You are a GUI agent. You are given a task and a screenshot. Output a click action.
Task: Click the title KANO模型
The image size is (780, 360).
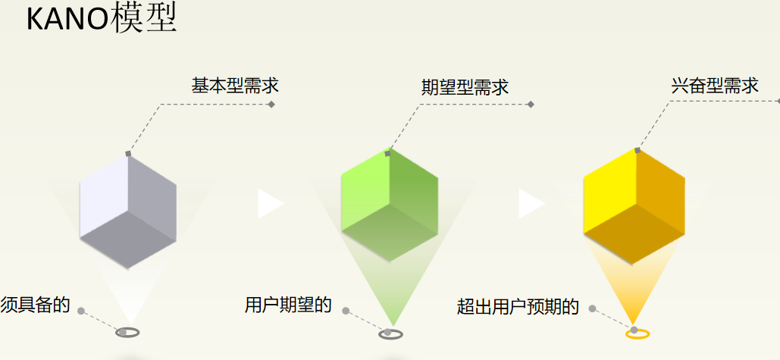click(101, 19)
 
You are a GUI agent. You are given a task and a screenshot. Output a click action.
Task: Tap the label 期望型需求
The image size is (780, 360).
click(465, 87)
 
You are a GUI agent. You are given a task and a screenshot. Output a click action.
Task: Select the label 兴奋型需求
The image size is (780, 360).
click(715, 86)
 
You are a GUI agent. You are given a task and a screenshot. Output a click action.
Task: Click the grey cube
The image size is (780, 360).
click(128, 210)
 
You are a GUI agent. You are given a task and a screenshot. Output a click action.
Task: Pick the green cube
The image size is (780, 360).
click(390, 205)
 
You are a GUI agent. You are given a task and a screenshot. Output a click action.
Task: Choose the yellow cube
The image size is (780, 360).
click(634, 205)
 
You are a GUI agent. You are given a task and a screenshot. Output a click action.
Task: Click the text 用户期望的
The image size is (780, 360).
click(288, 305)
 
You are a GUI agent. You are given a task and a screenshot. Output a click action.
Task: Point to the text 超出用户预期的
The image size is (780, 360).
click(518, 307)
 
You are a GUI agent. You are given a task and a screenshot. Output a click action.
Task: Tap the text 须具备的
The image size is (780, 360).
click(35, 305)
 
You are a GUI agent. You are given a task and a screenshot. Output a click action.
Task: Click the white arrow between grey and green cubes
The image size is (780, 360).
click(269, 204)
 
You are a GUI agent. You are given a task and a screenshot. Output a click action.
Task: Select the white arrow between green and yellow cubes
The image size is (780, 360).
click(531, 204)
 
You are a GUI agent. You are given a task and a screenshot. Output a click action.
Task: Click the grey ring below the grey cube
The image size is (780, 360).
click(127, 332)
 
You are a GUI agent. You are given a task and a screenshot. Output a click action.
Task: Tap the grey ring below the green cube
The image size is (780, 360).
click(390, 333)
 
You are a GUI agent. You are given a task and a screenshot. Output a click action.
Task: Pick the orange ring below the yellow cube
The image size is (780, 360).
click(637, 333)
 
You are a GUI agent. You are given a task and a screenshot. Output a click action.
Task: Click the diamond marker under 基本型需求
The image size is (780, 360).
click(271, 104)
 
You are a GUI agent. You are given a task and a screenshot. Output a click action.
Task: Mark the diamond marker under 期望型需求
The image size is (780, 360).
click(531, 105)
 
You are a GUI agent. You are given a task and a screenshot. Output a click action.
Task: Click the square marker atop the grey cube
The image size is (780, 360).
click(128, 154)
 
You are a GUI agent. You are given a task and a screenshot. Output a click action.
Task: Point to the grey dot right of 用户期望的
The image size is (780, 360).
click(346, 310)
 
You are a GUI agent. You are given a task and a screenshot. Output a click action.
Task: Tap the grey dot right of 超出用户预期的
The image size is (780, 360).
click(592, 308)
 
